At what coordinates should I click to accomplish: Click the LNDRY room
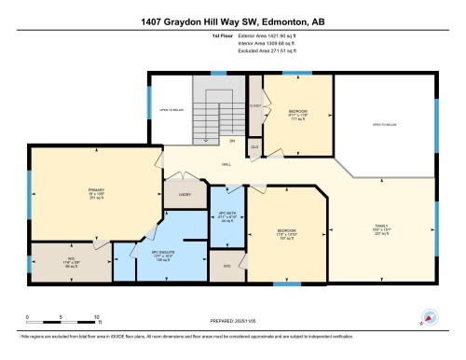click(x=185, y=195)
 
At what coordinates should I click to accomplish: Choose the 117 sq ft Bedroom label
click(x=296, y=115)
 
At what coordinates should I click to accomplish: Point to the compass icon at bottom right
click(x=429, y=319)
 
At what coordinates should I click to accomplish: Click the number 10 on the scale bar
click(x=96, y=318)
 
